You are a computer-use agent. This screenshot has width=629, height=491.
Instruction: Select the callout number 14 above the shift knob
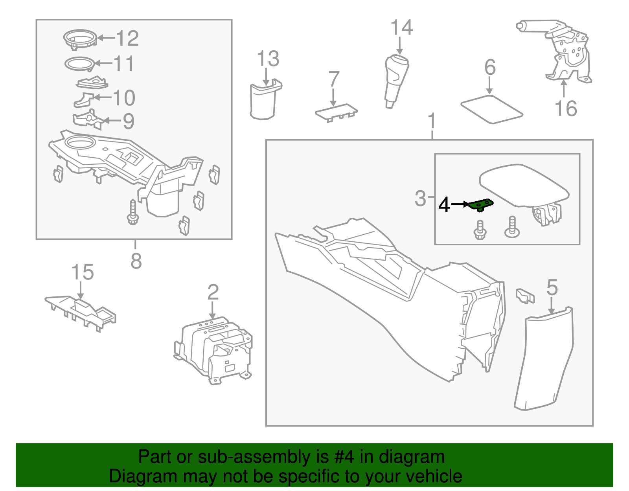401,28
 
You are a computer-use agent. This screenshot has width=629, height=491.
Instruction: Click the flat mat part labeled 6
491,109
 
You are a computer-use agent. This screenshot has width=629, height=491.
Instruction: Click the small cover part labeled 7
336,112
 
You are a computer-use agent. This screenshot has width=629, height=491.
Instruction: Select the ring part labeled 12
79,39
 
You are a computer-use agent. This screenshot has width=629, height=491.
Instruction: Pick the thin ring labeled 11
79,64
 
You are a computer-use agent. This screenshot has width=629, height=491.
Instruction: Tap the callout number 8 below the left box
136,261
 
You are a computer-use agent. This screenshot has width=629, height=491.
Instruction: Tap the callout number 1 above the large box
432,121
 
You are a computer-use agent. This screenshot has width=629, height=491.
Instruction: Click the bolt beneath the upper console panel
132,212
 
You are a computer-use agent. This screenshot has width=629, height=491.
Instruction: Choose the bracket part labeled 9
88,120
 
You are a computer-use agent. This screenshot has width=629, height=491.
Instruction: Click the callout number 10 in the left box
124,98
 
